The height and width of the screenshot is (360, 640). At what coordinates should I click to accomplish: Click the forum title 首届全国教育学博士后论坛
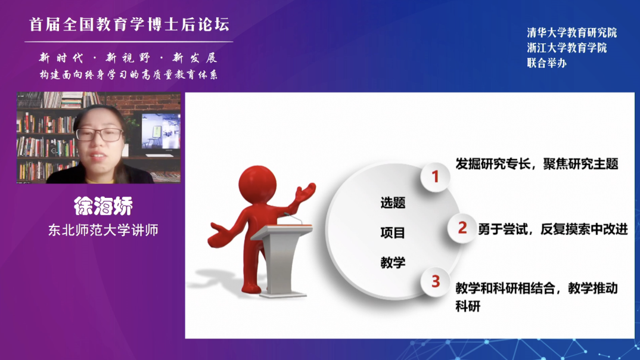[129, 24]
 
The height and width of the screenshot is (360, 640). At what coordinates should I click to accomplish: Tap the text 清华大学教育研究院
[572, 33]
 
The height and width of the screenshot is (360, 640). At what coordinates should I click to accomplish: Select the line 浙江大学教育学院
[567, 48]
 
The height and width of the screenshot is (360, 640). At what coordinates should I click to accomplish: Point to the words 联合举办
[546, 63]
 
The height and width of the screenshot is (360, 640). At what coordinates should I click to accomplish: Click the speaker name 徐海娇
[103, 206]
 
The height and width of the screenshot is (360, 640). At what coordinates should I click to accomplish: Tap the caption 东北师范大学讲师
[103, 230]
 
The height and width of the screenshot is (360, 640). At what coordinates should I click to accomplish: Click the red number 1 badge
[435, 177]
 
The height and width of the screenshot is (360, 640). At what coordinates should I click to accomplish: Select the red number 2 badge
[462, 228]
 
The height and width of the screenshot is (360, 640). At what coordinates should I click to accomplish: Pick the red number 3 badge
[436, 281]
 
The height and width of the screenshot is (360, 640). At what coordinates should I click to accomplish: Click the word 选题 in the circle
[393, 203]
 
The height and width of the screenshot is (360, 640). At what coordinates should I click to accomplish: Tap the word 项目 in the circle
[393, 232]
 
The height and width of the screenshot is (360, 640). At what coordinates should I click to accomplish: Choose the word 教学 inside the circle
[393, 262]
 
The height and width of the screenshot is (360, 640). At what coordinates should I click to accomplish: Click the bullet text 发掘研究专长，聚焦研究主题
[537, 164]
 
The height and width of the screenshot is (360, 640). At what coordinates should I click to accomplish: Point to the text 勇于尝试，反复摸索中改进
[552, 229]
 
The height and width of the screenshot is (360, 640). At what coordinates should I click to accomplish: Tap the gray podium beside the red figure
[282, 260]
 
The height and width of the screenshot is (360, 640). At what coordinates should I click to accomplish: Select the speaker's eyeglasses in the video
[99, 134]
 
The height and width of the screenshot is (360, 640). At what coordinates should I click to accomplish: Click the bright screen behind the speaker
[161, 131]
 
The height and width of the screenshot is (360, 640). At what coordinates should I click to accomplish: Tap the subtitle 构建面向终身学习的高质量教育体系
[129, 75]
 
